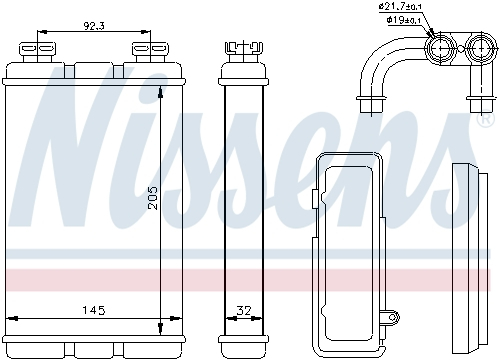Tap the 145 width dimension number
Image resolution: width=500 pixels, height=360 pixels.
click(x=93, y=312)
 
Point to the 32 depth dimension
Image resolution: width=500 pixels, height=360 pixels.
click(x=243, y=312)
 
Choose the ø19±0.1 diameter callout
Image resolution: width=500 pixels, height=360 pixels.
click(x=403, y=20)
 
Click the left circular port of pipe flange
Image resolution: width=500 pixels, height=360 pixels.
click(x=441, y=48)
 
